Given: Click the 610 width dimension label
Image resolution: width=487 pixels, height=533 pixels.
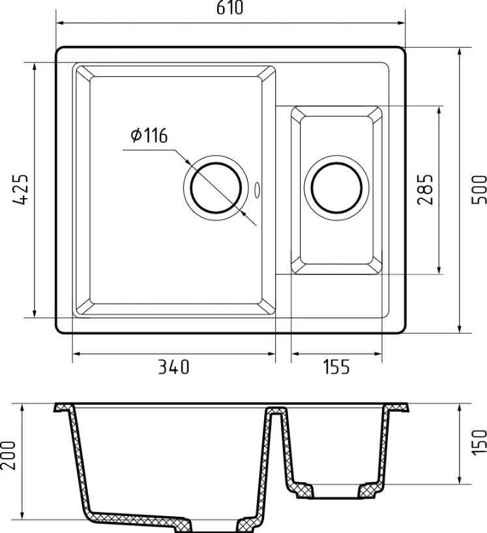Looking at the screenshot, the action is (230, 7).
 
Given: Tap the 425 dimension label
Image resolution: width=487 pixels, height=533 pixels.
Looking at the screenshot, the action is (20, 190).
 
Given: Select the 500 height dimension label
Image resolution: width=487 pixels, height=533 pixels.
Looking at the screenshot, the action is (479, 190).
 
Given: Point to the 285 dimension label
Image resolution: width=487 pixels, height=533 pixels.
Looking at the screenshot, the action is (425, 190).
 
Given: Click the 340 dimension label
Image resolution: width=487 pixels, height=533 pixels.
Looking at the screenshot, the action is (173, 367).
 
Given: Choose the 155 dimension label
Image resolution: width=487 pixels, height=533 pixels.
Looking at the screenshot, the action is (336, 367).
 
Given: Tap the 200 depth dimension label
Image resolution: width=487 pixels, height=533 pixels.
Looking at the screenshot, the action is (8, 455).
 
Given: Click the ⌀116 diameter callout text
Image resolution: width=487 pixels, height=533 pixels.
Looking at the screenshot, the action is (149, 136).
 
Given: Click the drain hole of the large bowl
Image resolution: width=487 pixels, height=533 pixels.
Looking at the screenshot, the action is (216, 188).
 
